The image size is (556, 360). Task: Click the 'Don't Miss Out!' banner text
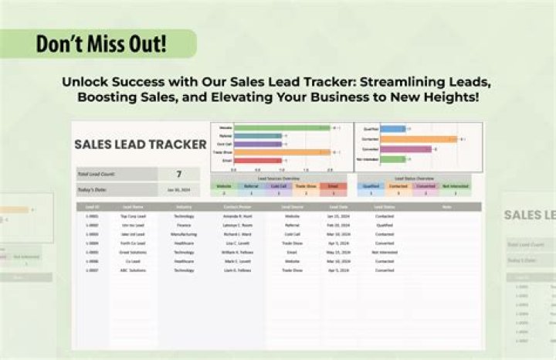(101, 42)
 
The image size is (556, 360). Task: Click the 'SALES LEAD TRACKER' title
(140, 144)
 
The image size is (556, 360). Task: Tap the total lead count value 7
(179, 174)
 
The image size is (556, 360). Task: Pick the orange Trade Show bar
(286, 152)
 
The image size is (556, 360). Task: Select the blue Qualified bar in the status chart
(393, 129)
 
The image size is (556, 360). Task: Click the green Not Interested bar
(393, 159)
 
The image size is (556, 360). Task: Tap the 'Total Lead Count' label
(96, 174)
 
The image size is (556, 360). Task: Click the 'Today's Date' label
(93, 188)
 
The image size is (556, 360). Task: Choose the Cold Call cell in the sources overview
(278, 185)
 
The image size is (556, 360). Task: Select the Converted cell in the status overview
(425, 185)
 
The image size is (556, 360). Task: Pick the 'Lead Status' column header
(384, 207)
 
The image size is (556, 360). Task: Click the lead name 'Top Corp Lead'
(134, 216)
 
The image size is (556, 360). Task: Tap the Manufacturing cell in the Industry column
(184, 234)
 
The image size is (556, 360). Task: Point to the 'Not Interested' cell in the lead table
(384, 252)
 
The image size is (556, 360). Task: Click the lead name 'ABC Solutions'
(134, 270)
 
